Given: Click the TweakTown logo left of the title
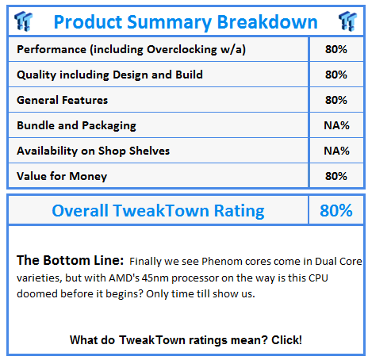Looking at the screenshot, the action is [24, 21].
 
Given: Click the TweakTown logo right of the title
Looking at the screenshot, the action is [348, 21].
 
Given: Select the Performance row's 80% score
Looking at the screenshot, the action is [336, 49].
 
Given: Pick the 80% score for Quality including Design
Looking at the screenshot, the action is [336, 75].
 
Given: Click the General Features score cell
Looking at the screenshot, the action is [336, 100].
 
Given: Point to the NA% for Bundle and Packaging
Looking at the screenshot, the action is [336, 125].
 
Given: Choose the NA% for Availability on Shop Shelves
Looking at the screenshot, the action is [336, 151].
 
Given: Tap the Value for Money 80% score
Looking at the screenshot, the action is [336, 176].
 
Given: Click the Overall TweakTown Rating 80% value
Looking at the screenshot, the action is [336, 210].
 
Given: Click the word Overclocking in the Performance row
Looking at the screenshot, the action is [182, 50].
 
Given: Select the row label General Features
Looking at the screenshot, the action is [63, 100].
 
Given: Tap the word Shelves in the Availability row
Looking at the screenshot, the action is [149, 151].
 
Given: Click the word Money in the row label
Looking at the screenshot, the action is [88, 177].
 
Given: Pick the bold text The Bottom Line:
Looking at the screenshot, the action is [70, 260].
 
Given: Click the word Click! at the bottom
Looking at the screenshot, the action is [286, 340].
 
